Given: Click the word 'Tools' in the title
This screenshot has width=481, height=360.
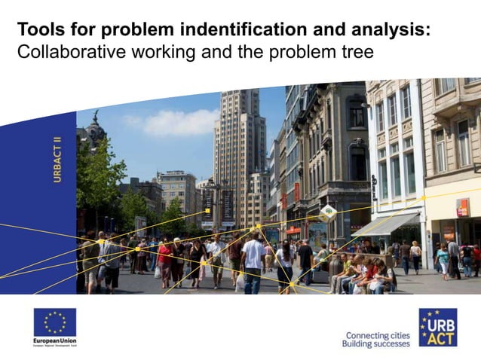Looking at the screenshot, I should [x=38, y=30].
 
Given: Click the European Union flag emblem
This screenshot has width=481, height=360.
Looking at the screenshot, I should [x=54, y=322].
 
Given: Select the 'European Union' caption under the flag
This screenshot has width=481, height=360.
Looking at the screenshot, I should [x=54, y=341].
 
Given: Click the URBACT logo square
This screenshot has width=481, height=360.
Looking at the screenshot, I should [x=437, y=327].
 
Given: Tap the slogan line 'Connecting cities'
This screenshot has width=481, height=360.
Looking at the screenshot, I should [x=377, y=334].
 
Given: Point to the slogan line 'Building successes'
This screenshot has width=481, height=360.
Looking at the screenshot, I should [x=375, y=344].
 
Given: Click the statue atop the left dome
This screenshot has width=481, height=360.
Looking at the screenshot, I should [x=96, y=118].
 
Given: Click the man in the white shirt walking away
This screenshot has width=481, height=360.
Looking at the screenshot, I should [x=253, y=261].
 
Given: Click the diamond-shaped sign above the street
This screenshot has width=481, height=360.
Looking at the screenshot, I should [x=328, y=212].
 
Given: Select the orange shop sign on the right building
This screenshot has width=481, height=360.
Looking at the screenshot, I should [x=461, y=208].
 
